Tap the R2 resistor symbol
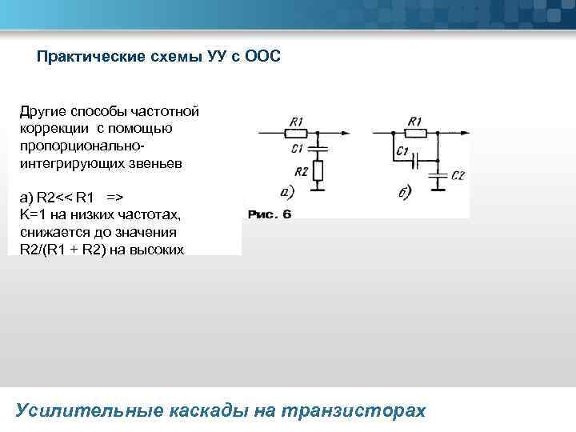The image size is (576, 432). [x=318, y=170]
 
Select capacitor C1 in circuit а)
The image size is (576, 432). [x=318, y=149]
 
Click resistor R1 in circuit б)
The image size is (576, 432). [x=414, y=133]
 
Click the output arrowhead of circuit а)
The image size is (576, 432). [x=345, y=133]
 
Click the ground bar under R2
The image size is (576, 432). [x=318, y=189]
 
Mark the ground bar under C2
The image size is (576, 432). [x=438, y=189]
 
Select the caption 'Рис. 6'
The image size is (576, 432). [x=270, y=214]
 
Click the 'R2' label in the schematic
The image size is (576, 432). [x=301, y=171]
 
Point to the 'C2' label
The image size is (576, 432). [x=457, y=176]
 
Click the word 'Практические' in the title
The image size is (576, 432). [x=86, y=58]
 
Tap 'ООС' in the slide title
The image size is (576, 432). [x=263, y=58]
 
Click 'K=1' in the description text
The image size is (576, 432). [x=33, y=214]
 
